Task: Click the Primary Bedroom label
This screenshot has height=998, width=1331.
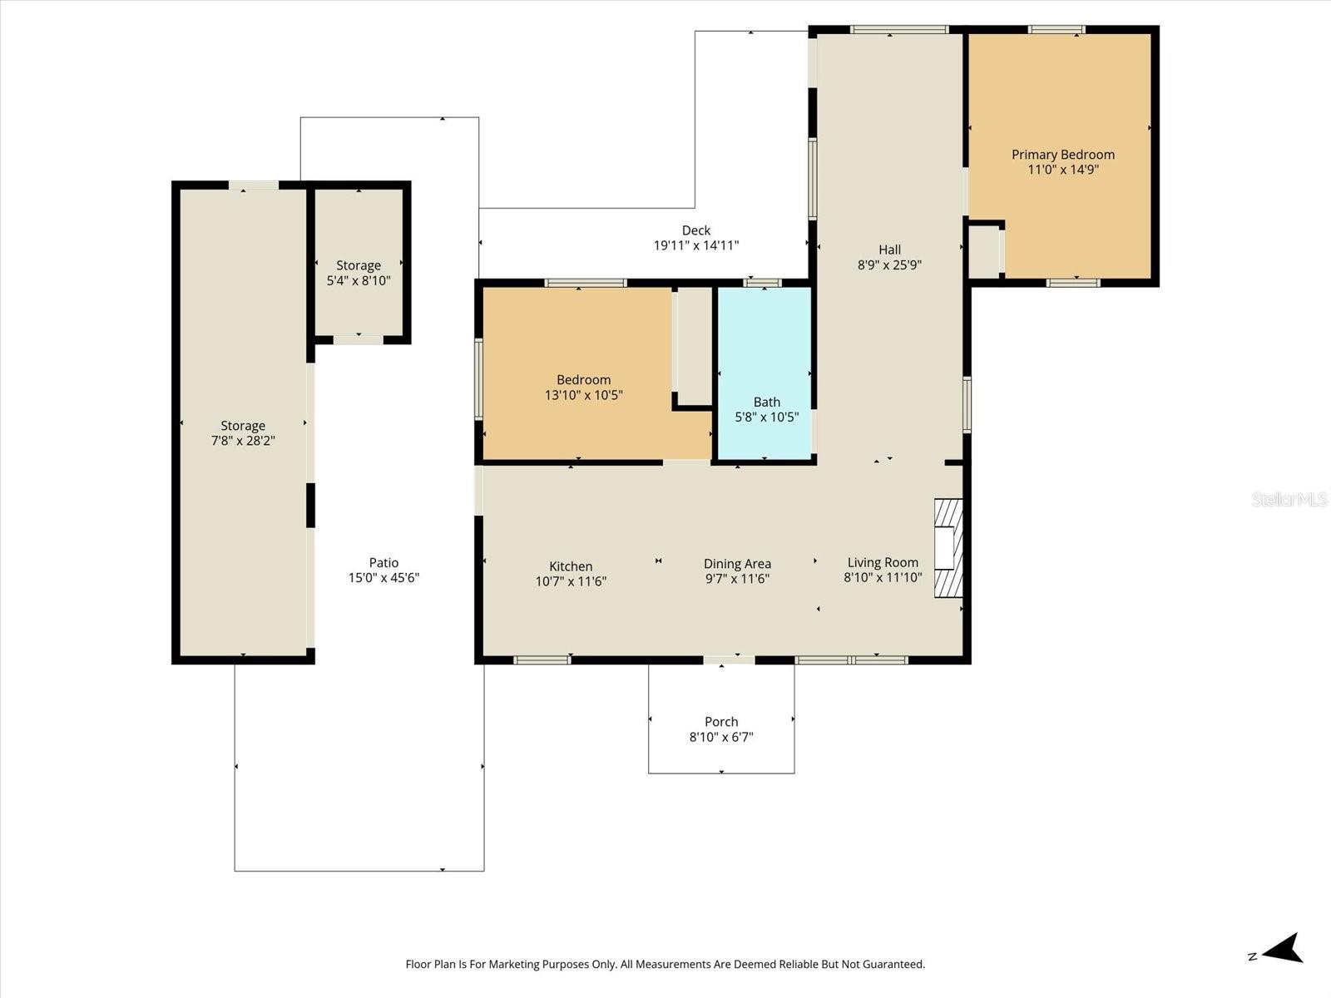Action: pyautogui.click(x=1062, y=155)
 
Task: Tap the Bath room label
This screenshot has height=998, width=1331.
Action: pyautogui.click(x=766, y=403)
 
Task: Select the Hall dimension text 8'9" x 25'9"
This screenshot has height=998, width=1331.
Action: pyautogui.click(x=889, y=265)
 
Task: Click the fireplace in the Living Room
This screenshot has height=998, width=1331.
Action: pyautogui.click(x=948, y=548)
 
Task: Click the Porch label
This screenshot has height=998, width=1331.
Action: pyautogui.click(x=720, y=722)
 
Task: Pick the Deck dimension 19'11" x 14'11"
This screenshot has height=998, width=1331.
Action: pyautogui.click(x=695, y=245)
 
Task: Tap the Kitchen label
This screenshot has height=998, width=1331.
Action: pyautogui.click(x=571, y=566)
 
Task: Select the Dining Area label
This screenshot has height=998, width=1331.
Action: pyautogui.click(x=737, y=564)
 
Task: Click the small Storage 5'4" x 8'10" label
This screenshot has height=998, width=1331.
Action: pyautogui.click(x=359, y=265)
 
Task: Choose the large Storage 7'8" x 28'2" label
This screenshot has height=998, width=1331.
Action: pyautogui.click(x=242, y=426)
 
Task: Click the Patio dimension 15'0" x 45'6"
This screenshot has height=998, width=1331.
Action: pyautogui.click(x=383, y=578)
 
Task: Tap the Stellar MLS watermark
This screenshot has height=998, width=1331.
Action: pyautogui.click(x=1289, y=499)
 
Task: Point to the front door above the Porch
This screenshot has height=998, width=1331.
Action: pyautogui.click(x=729, y=660)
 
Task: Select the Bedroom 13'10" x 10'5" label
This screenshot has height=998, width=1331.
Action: pyautogui.click(x=583, y=380)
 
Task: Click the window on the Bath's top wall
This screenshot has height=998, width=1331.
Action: pyautogui.click(x=762, y=283)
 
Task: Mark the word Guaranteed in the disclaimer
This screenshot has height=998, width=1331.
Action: pyautogui.click(x=893, y=965)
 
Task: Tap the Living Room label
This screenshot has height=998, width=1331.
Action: pyautogui.click(x=883, y=563)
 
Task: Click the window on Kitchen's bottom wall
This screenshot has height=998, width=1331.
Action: pyautogui.click(x=542, y=660)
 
